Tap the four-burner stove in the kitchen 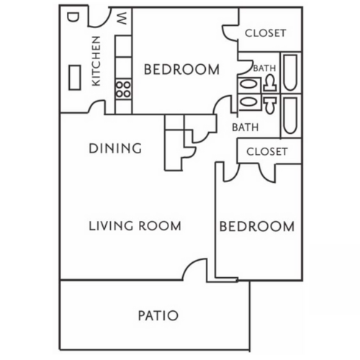tap(123, 90)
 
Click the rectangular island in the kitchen tap(76, 76)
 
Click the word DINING tap(114, 149)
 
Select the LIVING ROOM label tap(135, 226)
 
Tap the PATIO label tap(157, 315)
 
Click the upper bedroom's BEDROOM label tap(181, 70)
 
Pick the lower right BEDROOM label tap(256, 226)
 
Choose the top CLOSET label tap(266, 33)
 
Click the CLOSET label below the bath tap(266, 151)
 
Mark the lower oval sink tap(246, 102)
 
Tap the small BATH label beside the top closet tap(264, 68)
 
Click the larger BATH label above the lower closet tap(245, 127)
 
